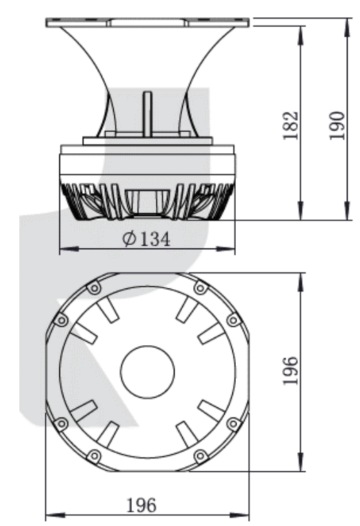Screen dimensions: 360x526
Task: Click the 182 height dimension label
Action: click(x=290, y=125)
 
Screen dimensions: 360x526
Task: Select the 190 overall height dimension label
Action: click(x=337, y=126)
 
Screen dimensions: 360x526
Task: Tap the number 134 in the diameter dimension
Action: click(x=155, y=239)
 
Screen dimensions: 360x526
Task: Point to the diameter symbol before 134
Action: click(x=130, y=239)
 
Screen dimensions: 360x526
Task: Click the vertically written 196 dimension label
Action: click(x=290, y=371)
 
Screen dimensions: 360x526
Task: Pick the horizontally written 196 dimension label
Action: click(x=141, y=505)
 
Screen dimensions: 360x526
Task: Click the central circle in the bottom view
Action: click(x=148, y=372)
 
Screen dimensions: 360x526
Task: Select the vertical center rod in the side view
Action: click(x=148, y=114)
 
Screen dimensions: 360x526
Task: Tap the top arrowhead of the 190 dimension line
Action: click(x=348, y=28)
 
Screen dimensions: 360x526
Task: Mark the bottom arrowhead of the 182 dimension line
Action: click(x=301, y=211)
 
